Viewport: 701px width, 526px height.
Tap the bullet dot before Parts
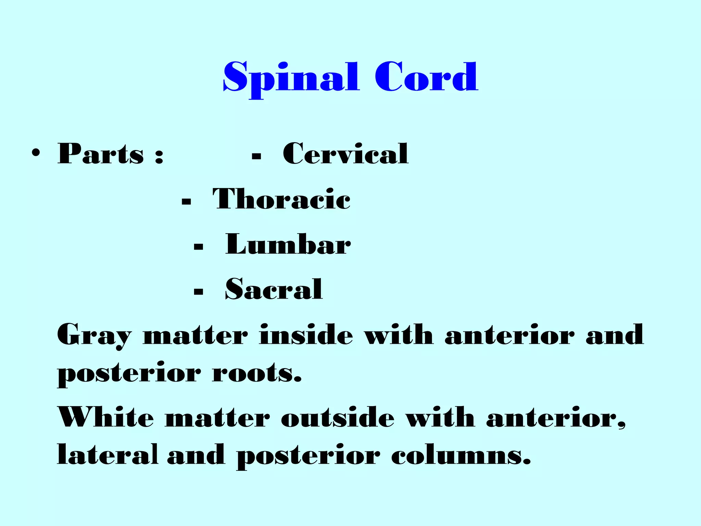tap(36, 153)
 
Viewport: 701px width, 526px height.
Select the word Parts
tap(101, 154)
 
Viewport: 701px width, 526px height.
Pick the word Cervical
tap(345, 154)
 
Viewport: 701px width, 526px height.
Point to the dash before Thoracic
tap(187, 202)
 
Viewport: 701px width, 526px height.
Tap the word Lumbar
tap(288, 245)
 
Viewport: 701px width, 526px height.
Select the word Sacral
tap(274, 289)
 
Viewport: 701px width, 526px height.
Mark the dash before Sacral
tap(199, 292)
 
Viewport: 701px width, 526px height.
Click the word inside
tap(306, 335)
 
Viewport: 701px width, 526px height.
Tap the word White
tap(106, 417)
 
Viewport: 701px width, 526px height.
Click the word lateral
tap(107, 455)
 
